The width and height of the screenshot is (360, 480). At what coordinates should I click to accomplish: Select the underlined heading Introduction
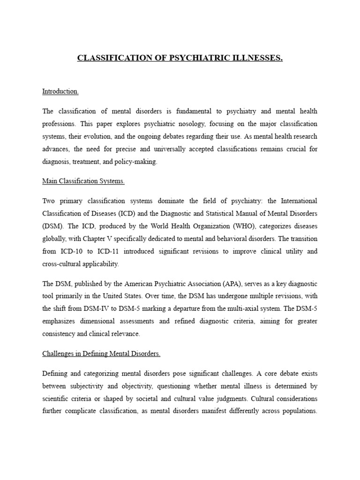pos(60,92)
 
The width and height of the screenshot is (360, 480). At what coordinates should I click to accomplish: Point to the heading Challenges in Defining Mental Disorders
pos(101,354)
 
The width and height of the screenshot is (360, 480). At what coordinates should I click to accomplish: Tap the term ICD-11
pos(112,251)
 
